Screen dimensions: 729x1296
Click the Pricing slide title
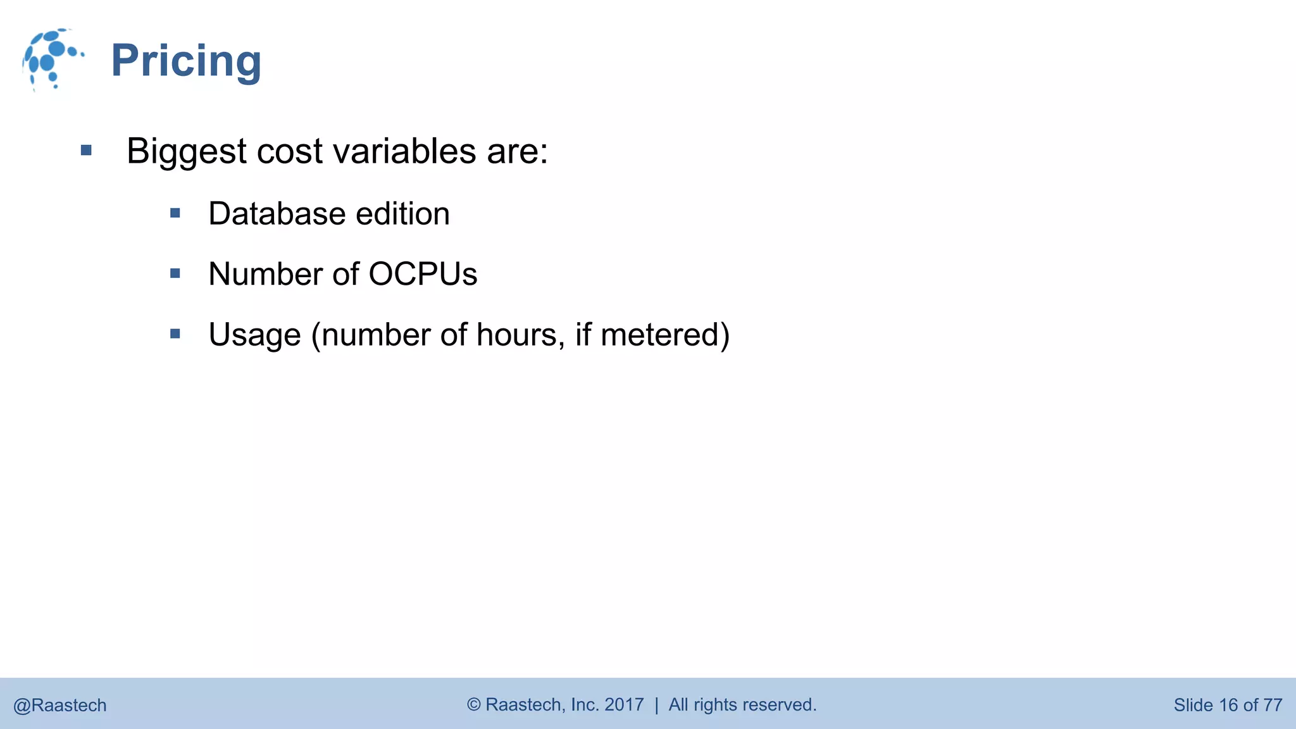pos(186,61)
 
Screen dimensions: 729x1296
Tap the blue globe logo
pos(52,59)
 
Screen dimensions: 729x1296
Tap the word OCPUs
pos(423,275)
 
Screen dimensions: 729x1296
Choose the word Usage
pos(254,335)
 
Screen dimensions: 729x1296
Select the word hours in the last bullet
pos(520,335)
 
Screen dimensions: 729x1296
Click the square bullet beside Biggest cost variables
pos(87,151)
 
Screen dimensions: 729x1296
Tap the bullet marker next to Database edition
pos(175,213)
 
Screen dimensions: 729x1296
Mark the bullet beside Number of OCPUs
pos(175,273)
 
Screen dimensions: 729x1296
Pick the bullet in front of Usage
pos(175,333)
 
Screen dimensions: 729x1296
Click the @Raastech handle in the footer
pos(60,705)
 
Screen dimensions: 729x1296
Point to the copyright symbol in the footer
pos(474,704)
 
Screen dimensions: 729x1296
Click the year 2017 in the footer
pos(624,704)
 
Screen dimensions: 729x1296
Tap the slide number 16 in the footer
pos(1228,705)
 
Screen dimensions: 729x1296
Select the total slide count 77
pos(1273,705)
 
